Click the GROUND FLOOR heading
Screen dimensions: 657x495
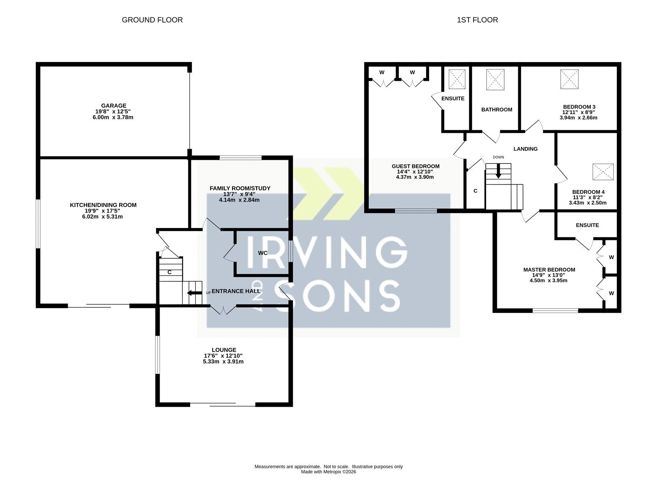tap(152, 20)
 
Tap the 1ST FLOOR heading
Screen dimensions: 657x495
tap(477, 20)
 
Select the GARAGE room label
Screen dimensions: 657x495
tap(113, 106)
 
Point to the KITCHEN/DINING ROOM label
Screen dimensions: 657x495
tap(103, 205)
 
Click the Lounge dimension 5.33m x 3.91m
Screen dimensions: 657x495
tap(223, 362)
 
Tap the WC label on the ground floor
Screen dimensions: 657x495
tap(262, 253)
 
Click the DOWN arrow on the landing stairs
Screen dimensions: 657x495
tap(498, 171)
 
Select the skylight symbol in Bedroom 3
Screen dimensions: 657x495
tap(569, 79)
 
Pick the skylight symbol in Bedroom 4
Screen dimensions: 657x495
tap(603, 172)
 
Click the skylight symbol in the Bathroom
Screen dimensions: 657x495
tap(495, 80)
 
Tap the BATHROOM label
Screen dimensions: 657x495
tap(496, 110)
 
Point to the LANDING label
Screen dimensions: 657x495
tap(525, 149)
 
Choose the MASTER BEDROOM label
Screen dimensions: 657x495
tap(549, 270)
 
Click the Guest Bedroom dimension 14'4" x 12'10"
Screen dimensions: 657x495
tap(415, 172)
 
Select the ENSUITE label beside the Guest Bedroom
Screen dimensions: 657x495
tap(453, 99)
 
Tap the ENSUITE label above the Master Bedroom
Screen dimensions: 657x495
tap(587, 225)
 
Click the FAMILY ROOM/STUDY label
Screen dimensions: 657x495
tap(240, 189)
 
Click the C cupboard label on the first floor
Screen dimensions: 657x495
tap(476, 191)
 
